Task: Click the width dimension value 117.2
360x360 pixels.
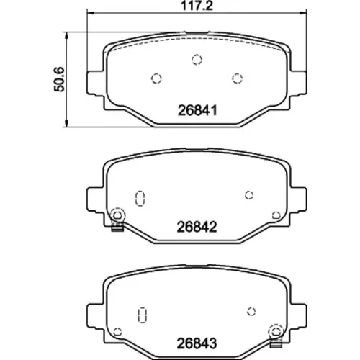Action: (x=197, y=5)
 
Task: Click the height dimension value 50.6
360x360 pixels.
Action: (x=59, y=79)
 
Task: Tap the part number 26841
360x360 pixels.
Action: (x=197, y=111)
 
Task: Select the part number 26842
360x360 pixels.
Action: (x=197, y=227)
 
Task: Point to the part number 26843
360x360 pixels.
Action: (x=197, y=343)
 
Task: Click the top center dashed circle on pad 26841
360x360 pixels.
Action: (x=197, y=59)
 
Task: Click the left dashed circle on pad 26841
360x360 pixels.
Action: (x=156, y=78)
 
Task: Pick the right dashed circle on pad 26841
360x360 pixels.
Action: (x=237, y=78)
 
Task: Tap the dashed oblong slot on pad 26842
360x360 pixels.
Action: (x=140, y=199)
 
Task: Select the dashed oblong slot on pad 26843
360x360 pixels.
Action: (x=143, y=315)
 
